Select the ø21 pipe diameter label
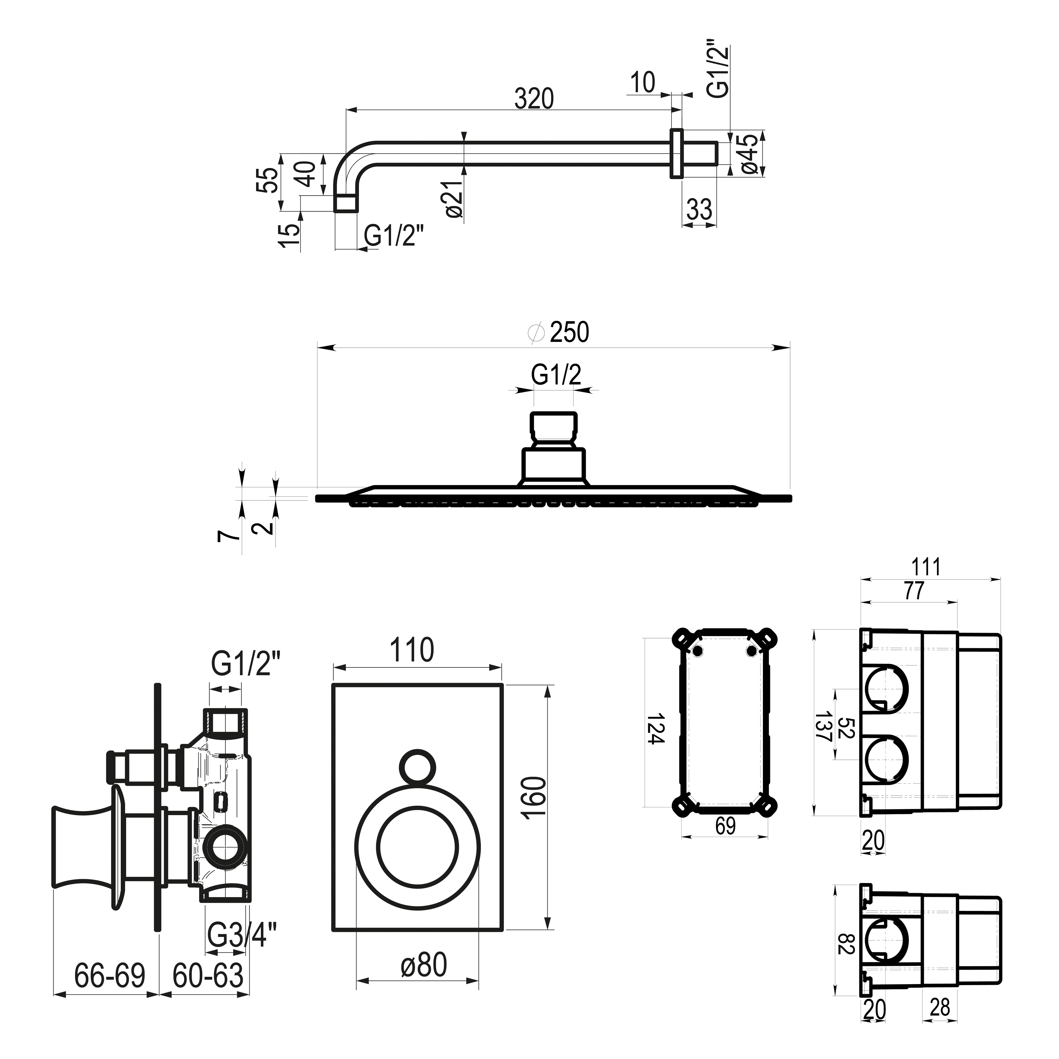[455, 198]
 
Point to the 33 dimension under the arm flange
[699, 209]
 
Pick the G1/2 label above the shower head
[556, 375]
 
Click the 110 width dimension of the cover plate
[412, 650]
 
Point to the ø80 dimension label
[423, 965]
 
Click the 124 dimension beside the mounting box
[656, 728]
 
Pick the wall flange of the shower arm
[677, 153]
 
